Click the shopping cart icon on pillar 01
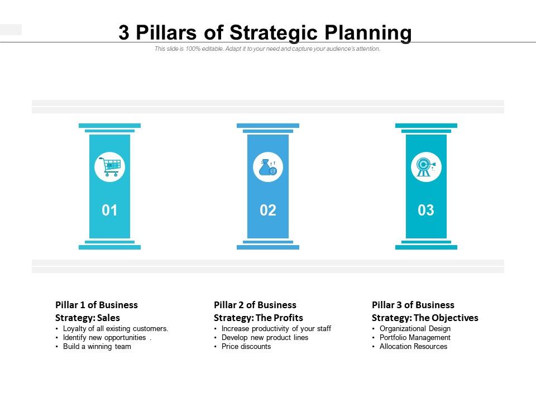point(109,167)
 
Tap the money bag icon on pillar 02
point(268,167)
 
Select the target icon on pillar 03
point(426,167)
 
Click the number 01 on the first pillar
point(109,210)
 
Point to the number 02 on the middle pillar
point(268,210)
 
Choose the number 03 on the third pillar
point(426,210)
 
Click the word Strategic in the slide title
point(276,33)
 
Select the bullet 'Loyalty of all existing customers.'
point(116,329)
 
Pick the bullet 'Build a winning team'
point(97,347)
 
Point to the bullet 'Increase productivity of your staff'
point(276,329)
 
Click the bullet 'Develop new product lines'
point(265,338)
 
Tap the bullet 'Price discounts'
point(246,347)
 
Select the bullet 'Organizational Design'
point(415,329)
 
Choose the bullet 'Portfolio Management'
point(415,338)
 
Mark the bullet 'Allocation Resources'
point(413,347)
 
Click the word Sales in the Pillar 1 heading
point(109,318)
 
